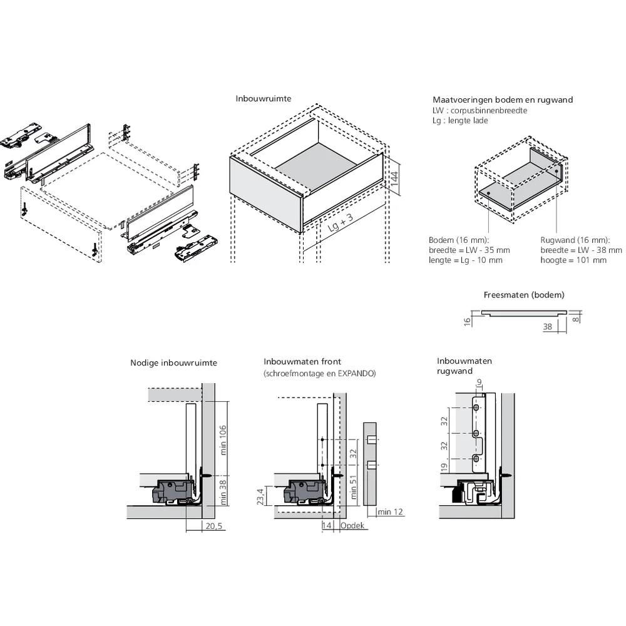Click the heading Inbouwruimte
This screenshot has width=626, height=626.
264,99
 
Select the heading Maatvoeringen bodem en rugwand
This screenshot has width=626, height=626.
503,100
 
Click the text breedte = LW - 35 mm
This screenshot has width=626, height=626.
469,250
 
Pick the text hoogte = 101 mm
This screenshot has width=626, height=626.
573,260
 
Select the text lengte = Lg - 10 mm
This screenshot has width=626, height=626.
465,260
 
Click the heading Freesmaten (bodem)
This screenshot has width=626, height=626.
524,295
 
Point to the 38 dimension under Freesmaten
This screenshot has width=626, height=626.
546,326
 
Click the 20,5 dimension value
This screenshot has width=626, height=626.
214,526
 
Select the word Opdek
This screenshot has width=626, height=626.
352,526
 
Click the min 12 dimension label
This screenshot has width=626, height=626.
391,512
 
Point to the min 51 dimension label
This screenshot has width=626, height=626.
354,487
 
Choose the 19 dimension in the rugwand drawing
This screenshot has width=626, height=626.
444,467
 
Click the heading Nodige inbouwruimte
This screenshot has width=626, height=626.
173,362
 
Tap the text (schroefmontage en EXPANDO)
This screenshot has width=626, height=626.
319,373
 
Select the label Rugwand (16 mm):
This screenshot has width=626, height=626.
575,240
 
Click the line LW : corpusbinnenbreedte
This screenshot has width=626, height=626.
480,110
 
